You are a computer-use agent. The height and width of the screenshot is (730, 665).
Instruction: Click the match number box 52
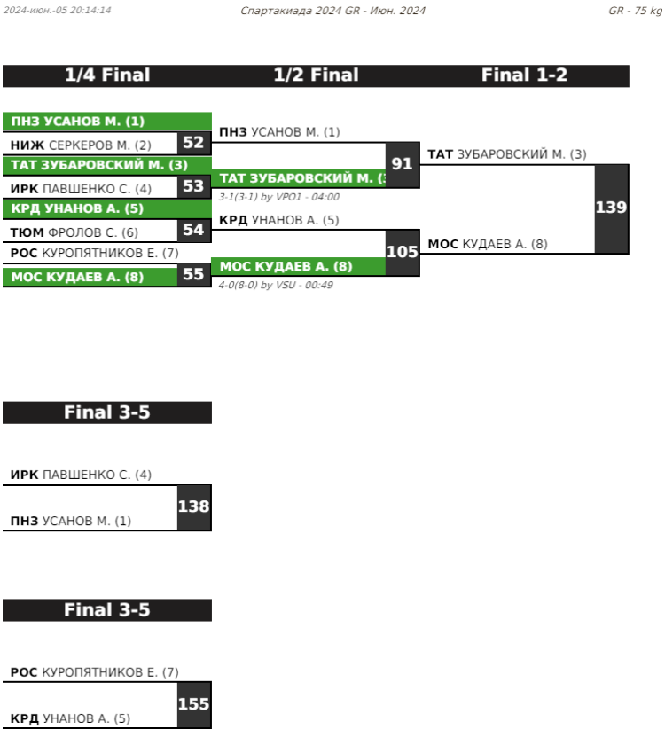(193, 143)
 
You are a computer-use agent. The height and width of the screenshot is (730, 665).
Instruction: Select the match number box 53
(193, 186)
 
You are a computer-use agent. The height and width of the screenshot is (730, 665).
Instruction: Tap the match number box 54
(193, 230)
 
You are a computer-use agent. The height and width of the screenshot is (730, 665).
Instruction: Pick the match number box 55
(193, 274)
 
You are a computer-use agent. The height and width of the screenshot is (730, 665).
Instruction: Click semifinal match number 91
(403, 164)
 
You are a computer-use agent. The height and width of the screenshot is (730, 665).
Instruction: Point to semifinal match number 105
(403, 252)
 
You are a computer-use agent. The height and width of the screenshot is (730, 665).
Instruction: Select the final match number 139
(611, 208)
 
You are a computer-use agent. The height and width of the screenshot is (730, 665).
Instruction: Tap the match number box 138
(193, 507)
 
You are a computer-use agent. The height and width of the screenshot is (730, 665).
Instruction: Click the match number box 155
(193, 705)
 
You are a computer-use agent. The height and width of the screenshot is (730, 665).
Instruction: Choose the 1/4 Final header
(107, 75)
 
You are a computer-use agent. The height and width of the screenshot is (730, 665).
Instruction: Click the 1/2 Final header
(316, 75)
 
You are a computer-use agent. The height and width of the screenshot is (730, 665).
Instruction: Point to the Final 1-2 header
(524, 75)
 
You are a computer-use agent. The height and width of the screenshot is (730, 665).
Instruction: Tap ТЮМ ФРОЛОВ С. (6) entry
(74, 232)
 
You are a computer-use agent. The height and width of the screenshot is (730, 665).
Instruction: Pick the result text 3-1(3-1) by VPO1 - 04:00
(278, 197)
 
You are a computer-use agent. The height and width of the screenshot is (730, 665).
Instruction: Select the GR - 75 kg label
(635, 11)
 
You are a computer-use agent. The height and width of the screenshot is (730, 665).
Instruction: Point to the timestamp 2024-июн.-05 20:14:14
(57, 11)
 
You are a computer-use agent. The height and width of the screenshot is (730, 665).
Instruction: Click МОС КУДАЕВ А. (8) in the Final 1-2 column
(488, 244)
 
